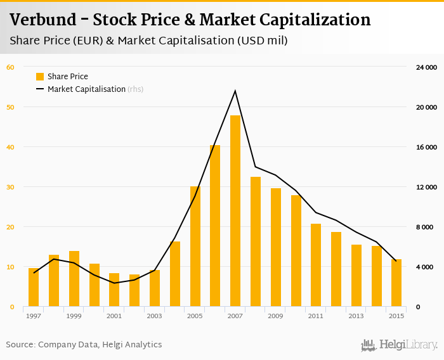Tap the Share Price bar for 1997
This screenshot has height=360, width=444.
[x=34, y=288]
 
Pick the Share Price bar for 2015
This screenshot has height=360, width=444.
[x=396, y=283]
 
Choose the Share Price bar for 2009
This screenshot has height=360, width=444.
[x=276, y=248]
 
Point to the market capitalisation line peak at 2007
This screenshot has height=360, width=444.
[x=235, y=91]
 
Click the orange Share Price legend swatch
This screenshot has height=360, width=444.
[x=40, y=77]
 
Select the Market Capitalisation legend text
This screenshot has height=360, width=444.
[x=86, y=89]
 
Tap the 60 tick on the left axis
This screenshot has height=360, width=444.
[x=10, y=67]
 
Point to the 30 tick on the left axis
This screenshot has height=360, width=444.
[x=10, y=187]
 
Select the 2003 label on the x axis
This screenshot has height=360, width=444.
[x=154, y=316]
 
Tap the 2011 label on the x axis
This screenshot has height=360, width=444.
[x=316, y=316]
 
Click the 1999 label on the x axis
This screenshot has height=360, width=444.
[x=74, y=316]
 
